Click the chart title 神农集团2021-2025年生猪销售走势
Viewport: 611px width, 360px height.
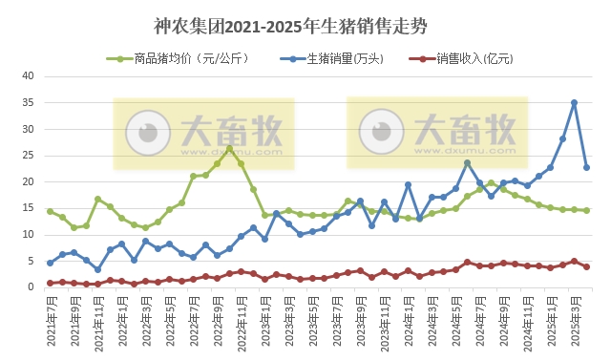(305, 23)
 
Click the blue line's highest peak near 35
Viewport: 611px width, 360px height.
(574, 103)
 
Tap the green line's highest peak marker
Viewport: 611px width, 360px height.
(229, 149)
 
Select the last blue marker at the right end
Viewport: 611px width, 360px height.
(586, 167)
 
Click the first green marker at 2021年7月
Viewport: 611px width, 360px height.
(50, 211)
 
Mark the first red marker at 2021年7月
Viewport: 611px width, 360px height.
(50, 283)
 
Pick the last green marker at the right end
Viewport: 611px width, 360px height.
(586, 210)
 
